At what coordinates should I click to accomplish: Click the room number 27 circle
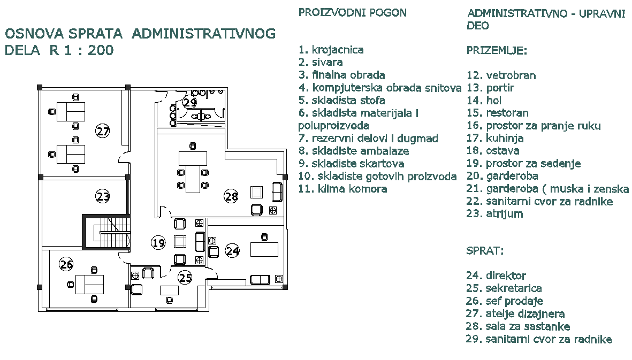tap(103, 131)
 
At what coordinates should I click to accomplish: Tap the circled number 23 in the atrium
tap(103, 196)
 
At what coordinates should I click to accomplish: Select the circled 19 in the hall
tap(157, 243)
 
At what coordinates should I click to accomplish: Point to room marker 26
tap(66, 264)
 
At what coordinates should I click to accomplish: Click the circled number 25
tap(185, 278)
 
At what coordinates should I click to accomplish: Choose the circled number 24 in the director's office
tap(232, 250)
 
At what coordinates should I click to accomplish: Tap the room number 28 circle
tap(231, 197)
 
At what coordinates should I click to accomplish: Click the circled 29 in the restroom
tap(189, 103)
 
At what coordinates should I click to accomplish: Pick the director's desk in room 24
tap(265, 249)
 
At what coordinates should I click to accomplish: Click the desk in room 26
tap(89, 284)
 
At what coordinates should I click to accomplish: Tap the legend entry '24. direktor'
tap(496, 276)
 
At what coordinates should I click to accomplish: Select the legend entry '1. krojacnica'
tap(331, 50)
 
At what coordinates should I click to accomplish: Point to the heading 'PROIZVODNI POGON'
tap(352, 13)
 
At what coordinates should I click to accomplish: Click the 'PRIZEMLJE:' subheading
tap(497, 51)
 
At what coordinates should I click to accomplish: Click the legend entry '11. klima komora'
tap(342, 189)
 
